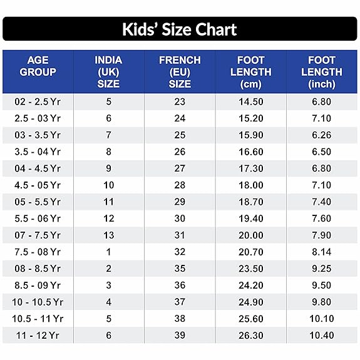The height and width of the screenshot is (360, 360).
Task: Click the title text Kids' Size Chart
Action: pyautogui.click(x=179, y=29)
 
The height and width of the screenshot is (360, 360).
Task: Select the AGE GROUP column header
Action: pyautogui.click(x=38, y=66)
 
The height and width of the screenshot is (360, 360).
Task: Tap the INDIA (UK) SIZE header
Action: pyautogui.click(x=108, y=72)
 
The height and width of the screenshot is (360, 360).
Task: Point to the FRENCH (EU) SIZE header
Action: pyautogui.click(x=180, y=72)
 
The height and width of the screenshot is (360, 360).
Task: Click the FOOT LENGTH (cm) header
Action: pyautogui.click(x=250, y=72)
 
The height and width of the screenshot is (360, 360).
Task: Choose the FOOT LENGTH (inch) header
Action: pyautogui.click(x=322, y=72)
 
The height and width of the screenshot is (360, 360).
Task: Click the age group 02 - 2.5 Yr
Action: pyautogui.click(x=38, y=101)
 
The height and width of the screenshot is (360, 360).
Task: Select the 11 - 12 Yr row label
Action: pyautogui.click(x=38, y=336)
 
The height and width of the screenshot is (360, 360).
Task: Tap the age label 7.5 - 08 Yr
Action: pyautogui.click(x=38, y=252)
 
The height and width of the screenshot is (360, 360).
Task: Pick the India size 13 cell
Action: pyautogui.click(x=108, y=235)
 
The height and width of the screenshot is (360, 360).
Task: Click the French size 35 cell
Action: pyautogui.click(x=180, y=269)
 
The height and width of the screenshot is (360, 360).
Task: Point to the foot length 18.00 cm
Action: pyautogui.click(x=250, y=185)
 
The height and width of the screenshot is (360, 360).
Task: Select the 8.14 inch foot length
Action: pyautogui.click(x=322, y=252)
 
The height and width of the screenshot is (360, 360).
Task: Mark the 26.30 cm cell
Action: pyautogui.click(x=250, y=336)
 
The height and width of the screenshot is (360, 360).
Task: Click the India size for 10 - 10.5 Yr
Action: pyautogui.click(x=108, y=302)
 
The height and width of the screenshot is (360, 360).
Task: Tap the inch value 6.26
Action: pyautogui.click(x=322, y=135)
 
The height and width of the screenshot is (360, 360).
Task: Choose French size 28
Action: pyautogui.click(x=180, y=185)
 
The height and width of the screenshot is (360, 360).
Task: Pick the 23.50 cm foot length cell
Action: pyautogui.click(x=250, y=269)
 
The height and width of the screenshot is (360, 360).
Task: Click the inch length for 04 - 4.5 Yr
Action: pyautogui.click(x=322, y=168)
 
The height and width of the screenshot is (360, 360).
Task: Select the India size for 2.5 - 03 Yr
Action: pyautogui.click(x=108, y=118)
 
